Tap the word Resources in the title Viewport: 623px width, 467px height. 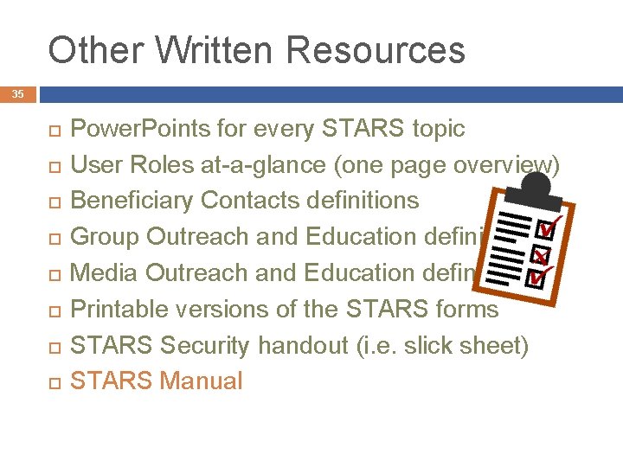click(377, 51)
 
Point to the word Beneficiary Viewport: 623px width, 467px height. click(132, 200)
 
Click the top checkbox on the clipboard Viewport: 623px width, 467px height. click(546, 231)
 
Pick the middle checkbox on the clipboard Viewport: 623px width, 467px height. click(543, 256)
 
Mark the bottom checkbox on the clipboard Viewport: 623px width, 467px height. click(537, 278)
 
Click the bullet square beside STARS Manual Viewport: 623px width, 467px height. click(50, 382)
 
